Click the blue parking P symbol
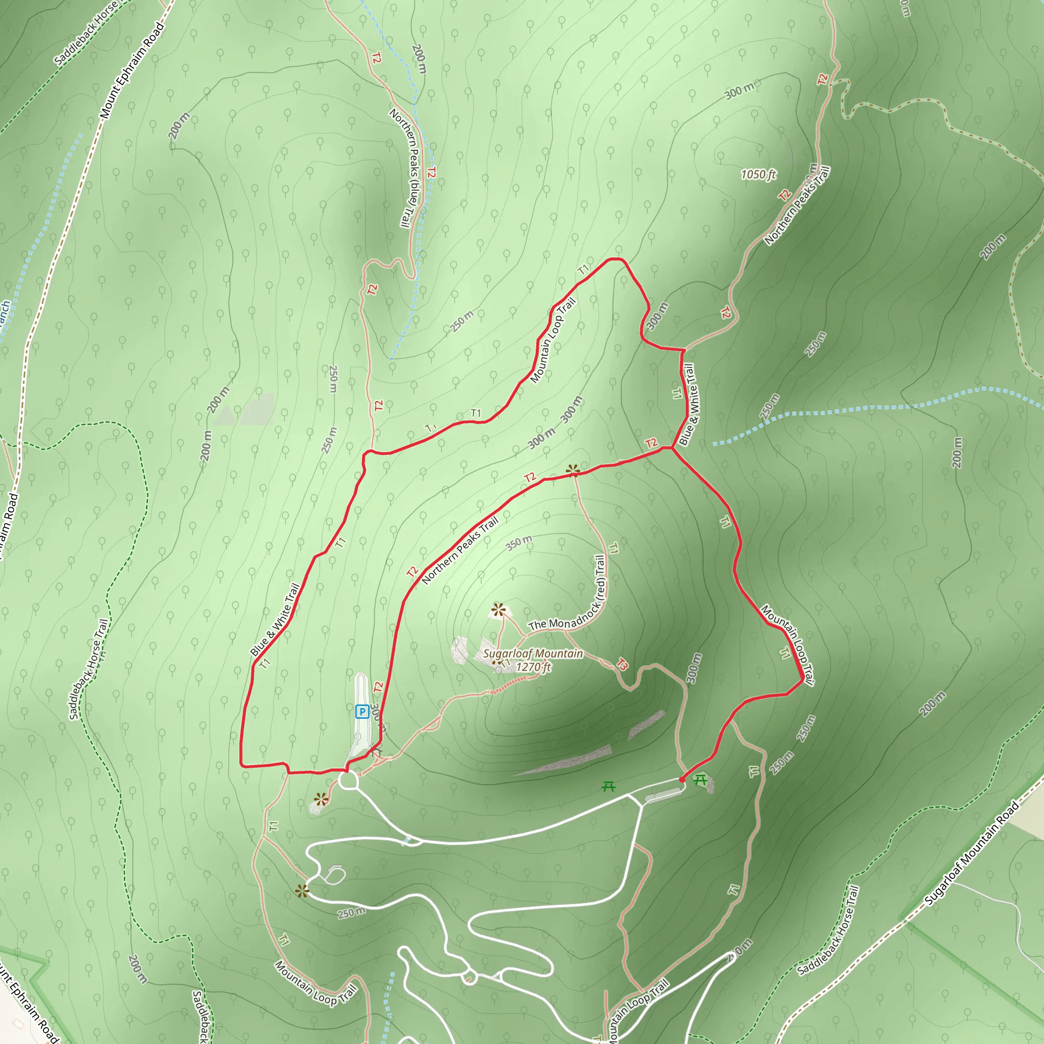361,711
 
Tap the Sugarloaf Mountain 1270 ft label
533,660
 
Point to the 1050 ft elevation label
758,174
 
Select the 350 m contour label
519,542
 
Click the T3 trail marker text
622,664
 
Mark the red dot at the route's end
682,780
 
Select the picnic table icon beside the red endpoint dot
700,779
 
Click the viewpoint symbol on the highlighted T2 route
573,471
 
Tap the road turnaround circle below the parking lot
349,780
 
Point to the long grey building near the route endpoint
663,795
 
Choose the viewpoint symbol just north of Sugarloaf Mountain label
498,611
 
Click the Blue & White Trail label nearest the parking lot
275,620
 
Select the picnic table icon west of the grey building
609,786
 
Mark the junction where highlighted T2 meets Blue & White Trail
672,448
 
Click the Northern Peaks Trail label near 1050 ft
797,206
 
